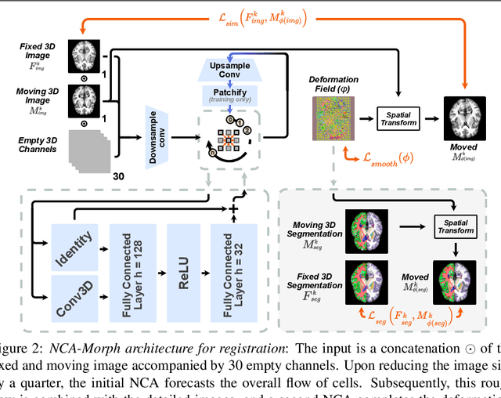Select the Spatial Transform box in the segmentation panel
click(x=456, y=224)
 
